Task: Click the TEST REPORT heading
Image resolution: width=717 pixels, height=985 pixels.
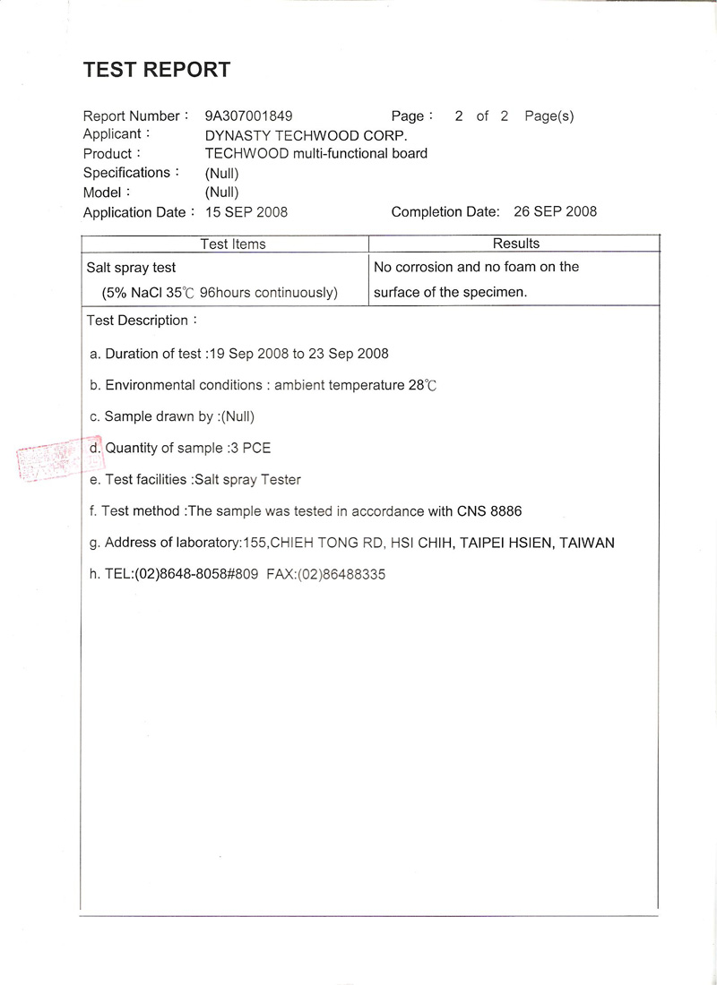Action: tap(156, 70)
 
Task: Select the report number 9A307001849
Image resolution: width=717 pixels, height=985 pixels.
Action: tap(248, 116)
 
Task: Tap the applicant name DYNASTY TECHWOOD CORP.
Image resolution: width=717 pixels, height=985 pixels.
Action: tap(306, 135)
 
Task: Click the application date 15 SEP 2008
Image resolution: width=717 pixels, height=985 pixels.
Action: tap(246, 212)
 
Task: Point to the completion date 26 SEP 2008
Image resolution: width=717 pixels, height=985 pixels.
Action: tap(556, 212)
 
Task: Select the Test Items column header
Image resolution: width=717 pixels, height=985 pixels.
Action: tap(233, 244)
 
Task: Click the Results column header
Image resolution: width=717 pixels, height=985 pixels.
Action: tap(516, 244)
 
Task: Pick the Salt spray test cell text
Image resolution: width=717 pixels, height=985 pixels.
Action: tap(131, 267)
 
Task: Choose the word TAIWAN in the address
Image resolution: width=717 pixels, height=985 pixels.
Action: tap(587, 543)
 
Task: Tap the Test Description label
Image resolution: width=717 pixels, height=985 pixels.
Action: tap(139, 321)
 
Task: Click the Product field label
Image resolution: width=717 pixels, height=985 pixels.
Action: tap(108, 154)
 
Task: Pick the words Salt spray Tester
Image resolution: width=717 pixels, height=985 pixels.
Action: tap(248, 480)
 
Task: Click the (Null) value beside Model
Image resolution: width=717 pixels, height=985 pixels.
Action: tap(221, 192)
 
